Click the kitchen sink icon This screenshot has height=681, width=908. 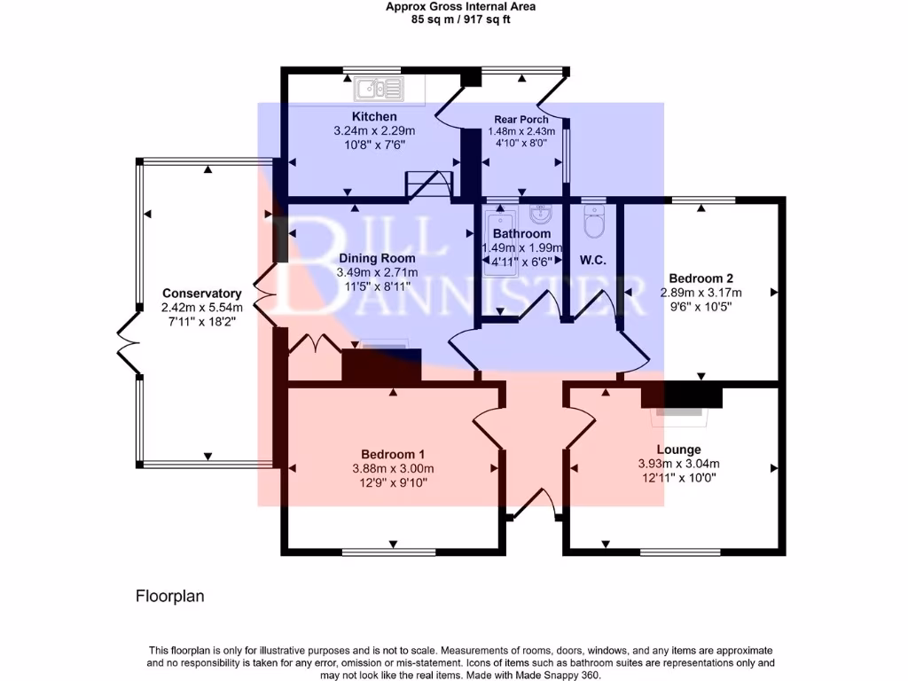[x=379, y=88]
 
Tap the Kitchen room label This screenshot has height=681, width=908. [x=374, y=117]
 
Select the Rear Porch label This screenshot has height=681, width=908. [x=521, y=120]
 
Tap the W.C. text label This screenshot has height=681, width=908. [x=592, y=261]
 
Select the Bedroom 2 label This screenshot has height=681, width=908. [x=701, y=278]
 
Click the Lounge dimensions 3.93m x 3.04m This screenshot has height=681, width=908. [x=678, y=464]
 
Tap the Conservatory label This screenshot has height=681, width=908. [x=202, y=294]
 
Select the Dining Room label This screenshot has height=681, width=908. [x=378, y=259]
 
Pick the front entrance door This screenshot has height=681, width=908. [x=535, y=506]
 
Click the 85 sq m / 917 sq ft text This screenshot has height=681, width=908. [x=461, y=18]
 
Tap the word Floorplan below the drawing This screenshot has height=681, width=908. [x=169, y=597]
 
